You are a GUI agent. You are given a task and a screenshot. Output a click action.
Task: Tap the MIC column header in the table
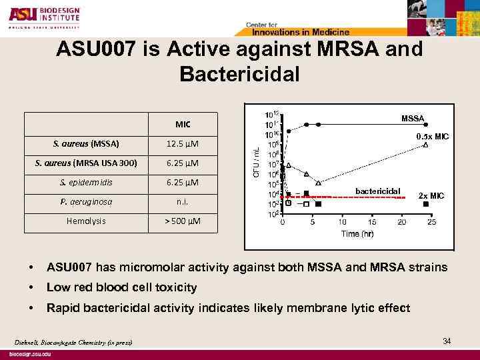coord(183,124)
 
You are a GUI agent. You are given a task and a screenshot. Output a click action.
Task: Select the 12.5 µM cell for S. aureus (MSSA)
coord(183,143)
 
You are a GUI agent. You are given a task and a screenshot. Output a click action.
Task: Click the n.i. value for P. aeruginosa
coord(183,201)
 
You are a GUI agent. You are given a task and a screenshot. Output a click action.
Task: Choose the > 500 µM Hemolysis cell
coord(183,221)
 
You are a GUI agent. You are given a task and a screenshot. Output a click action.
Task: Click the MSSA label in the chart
coord(413,118)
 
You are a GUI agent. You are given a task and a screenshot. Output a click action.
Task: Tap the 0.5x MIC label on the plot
coord(433,136)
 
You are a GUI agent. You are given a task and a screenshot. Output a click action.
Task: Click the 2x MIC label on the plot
coord(431,195)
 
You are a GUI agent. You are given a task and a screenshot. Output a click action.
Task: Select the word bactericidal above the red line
coord(377,191)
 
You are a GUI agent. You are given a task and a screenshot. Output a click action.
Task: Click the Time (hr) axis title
coord(358,233)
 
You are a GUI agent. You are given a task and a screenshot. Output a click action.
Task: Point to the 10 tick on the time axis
coord(342,222)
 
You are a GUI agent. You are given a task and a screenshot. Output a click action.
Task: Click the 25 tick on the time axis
coord(432,222)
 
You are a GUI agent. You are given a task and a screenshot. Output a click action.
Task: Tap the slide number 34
coord(447,341)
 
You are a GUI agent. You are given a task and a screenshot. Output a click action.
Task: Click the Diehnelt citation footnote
coord(73,343)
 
